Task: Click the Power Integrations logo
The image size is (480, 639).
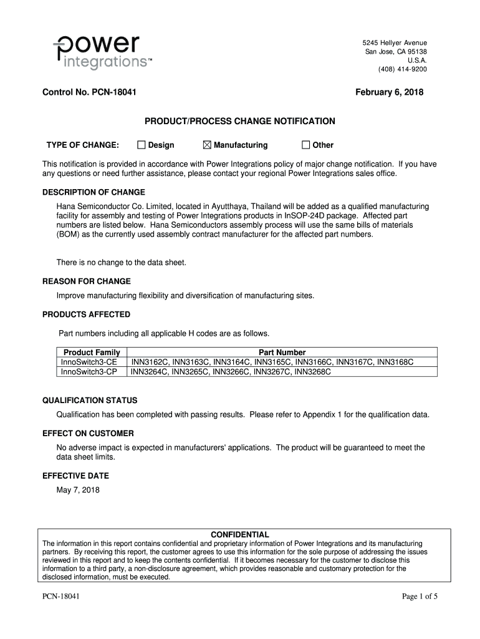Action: click(102, 52)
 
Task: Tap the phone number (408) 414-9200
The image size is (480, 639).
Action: click(402, 69)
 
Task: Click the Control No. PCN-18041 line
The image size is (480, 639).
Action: click(90, 92)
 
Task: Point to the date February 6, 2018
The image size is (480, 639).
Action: click(389, 92)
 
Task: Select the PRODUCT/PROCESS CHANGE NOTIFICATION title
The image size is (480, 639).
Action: click(240, 121)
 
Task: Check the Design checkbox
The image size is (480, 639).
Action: click(142, 145)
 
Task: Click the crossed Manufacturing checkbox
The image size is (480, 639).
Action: click(208, 145)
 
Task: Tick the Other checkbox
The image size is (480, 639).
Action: click(305, 145)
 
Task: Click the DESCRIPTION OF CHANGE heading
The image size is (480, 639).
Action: click(94, 192)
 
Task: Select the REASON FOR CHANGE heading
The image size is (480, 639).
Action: click(86, 281)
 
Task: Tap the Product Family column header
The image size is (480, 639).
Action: click(92, 353)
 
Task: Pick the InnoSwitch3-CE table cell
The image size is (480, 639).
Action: click(89, 362)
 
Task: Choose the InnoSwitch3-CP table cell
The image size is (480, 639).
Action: click(89, 372)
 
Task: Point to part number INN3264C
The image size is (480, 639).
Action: click(149, 372)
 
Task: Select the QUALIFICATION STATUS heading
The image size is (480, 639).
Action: click(90, 400)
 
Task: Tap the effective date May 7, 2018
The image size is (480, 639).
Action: click(78, 490)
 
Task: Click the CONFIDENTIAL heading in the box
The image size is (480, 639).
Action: click(240, 535)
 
